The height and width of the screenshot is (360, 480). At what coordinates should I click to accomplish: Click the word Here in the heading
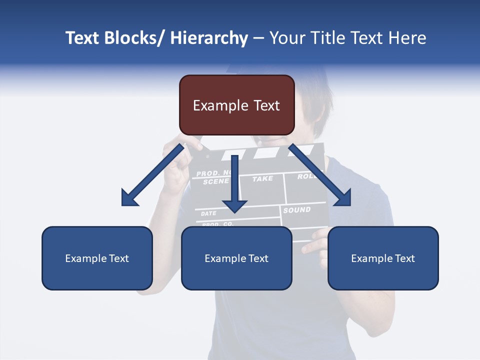click(407, 38)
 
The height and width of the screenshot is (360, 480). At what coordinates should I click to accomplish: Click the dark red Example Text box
click(236, 105)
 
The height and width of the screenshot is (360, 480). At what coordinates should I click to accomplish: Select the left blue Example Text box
click(97, 258)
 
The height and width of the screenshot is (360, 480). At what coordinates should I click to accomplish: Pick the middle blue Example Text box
click(236, 258)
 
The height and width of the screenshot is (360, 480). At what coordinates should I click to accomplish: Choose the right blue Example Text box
click(383, 258)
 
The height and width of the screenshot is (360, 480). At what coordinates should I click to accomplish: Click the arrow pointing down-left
click(152, 175)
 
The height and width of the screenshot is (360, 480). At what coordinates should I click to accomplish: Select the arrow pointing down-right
click(320, 175)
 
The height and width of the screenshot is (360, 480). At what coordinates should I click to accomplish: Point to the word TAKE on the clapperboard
click(262, 178)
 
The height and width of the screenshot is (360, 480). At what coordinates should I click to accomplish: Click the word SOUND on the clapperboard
click(297, 210)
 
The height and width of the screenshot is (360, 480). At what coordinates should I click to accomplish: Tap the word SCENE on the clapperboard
click(215, 182)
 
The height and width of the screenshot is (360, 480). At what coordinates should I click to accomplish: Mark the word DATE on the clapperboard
click(208, 213)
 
